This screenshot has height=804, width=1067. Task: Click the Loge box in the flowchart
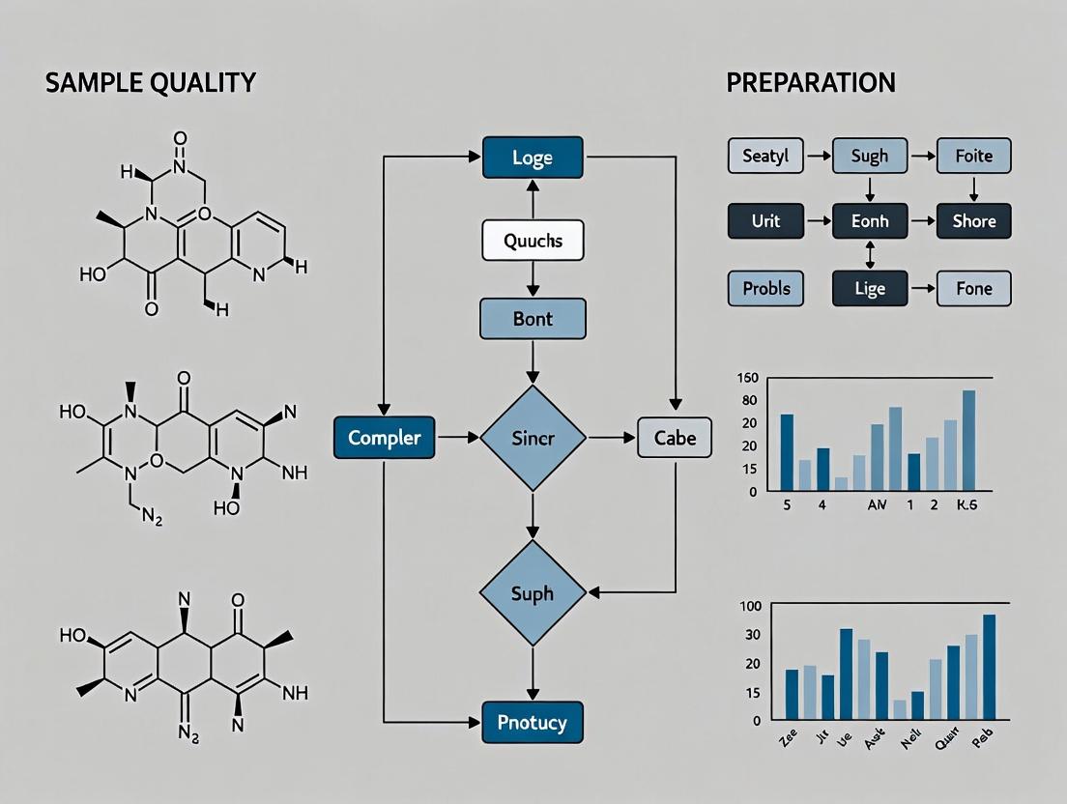533,158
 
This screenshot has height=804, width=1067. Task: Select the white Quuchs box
533,241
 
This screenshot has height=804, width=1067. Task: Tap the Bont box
533,318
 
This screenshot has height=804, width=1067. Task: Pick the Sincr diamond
533,438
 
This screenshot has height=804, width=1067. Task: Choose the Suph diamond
533,592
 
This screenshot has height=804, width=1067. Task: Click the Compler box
384,438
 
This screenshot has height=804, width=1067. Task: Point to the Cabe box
675,438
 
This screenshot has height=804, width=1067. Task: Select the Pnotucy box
533,722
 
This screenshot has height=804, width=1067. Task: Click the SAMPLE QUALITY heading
150,83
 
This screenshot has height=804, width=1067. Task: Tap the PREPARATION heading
811,83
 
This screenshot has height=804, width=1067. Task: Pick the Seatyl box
764,156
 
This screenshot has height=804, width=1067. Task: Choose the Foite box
973,156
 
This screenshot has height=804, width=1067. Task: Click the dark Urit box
764,221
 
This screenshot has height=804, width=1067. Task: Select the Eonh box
869,221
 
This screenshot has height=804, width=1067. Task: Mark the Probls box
764,289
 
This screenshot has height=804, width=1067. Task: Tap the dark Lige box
869,289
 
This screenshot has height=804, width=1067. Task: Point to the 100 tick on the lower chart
750,606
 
